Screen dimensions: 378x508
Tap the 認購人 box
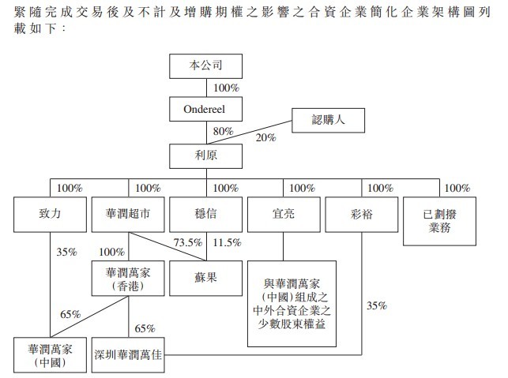[x=329, y=121]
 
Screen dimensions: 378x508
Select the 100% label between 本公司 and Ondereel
[x=225, y=88]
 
